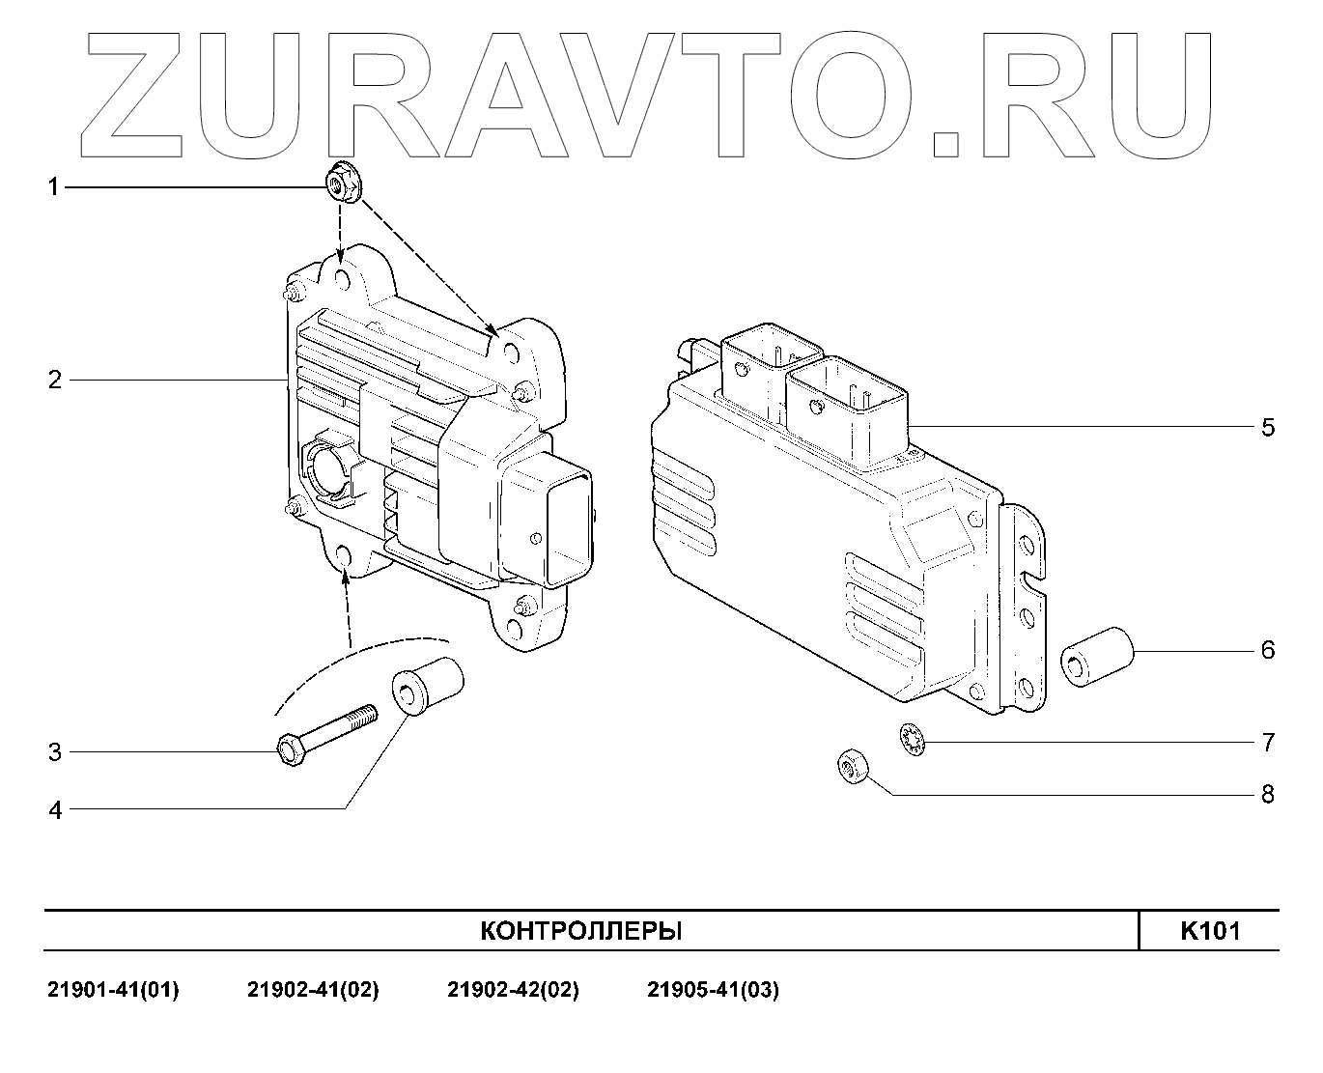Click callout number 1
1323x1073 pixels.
(54, 186)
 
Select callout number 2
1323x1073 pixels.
(54, 380)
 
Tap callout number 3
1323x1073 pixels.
(54, 751)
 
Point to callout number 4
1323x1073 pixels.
(54, 809)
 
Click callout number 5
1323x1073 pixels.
(1268, 427)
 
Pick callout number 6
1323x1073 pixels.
(1268, 650)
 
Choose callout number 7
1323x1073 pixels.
(1268, 743)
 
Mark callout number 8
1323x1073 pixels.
(1268, 795)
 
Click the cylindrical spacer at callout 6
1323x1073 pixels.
(1097, 657)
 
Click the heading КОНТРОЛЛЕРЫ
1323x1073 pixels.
(581, 931)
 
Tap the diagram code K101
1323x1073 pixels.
(1210, 931)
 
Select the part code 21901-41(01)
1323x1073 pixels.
(113, 990)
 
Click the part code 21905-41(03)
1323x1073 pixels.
(713, 990)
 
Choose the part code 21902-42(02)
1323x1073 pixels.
(513, 990)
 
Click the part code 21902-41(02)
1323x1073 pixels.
(313, 990)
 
